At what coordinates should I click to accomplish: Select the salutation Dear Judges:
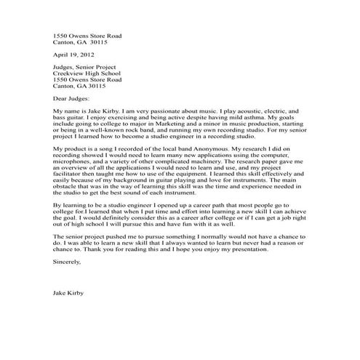pyautogui.click(x=71, y=96)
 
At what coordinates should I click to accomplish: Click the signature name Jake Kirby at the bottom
pyautogui.click(x=68, y=294)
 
